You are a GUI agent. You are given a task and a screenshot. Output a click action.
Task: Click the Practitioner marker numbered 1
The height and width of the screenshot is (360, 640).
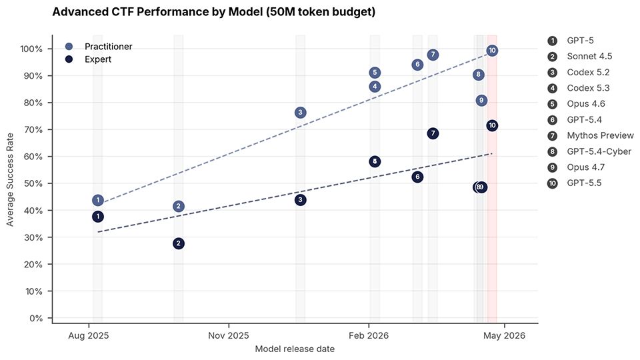97,200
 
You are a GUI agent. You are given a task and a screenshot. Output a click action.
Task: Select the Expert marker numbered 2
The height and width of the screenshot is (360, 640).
179,244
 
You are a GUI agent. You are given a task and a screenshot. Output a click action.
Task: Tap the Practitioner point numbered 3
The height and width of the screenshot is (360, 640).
301,112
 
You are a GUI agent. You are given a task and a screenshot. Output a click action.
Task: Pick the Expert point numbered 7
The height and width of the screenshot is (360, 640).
433,133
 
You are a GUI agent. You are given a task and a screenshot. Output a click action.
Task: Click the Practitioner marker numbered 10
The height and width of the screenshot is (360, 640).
492,51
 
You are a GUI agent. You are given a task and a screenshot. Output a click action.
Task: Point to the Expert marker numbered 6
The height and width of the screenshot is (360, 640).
417,177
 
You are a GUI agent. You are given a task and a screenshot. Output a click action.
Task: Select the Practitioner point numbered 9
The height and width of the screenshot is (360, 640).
481,101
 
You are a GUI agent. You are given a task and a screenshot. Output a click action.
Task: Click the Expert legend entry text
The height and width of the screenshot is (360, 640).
98,59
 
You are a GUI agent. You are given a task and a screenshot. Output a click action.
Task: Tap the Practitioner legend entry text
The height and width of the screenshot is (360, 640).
108,47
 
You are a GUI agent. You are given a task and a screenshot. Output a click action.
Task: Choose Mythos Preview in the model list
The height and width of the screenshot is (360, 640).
600,135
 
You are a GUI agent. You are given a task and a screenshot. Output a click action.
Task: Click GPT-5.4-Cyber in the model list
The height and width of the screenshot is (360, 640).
599,151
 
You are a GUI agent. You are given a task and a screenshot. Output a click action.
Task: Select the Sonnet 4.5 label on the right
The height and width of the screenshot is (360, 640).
589,56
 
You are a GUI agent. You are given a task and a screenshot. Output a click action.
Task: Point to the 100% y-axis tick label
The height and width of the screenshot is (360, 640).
31,49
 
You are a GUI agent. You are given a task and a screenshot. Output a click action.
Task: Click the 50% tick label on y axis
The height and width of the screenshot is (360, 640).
33,184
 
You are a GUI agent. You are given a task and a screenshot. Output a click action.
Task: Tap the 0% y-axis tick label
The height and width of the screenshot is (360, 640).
36,319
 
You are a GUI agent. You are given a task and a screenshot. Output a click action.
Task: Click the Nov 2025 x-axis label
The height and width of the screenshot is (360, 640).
229,335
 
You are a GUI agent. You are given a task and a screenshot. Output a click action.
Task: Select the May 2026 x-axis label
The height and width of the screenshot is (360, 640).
505,335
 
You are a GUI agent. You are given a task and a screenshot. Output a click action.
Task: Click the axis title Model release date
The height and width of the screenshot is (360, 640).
295,349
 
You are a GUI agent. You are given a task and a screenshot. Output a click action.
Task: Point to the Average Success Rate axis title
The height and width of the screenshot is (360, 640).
10,179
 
